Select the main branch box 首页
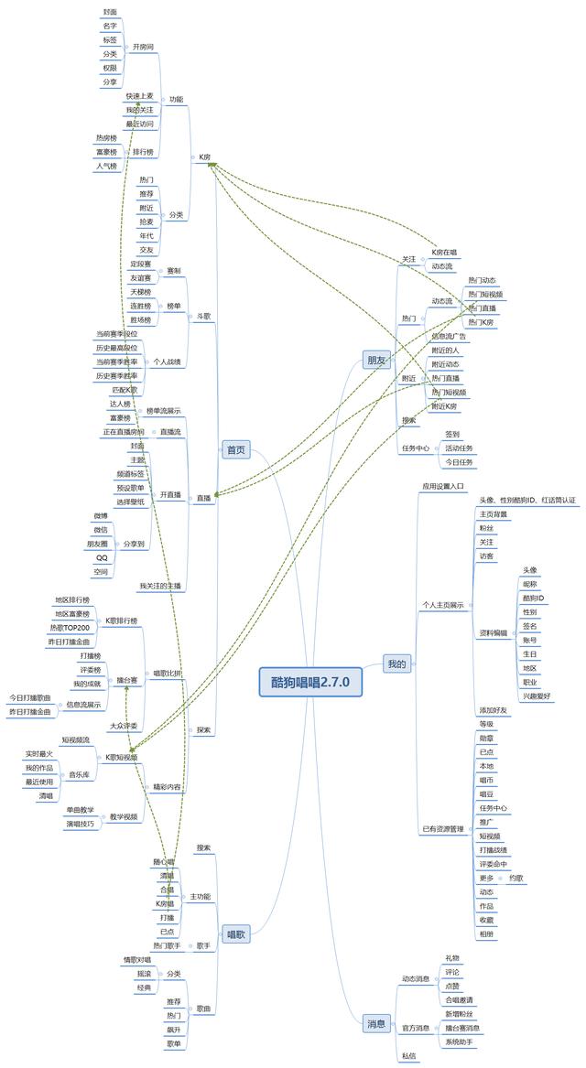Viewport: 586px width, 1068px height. (235, 449)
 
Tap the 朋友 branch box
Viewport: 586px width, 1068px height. (375, 360)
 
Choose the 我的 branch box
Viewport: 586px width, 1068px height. (396, 663)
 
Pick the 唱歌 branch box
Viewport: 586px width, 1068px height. (235, 934)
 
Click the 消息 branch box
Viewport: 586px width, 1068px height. (376, 1023)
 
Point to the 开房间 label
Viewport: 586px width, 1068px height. (143, 46)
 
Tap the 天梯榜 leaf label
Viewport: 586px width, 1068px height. (140, 292)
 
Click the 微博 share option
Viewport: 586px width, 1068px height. (101, 516)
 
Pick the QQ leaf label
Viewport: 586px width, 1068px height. (102, 557)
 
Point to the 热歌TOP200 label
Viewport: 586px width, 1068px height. (71, 628)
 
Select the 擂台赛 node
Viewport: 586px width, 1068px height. (127, 680)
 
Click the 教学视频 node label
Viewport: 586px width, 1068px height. (124, 816)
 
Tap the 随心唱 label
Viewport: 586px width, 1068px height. (165, 862)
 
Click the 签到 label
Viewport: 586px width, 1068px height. (452, 434)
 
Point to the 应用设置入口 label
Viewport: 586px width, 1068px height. (443, 487)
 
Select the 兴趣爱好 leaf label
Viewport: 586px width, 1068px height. (537, 696)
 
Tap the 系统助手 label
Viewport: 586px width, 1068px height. (460, 1041)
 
